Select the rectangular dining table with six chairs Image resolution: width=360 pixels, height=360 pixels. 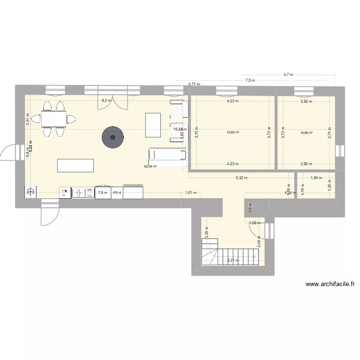tap(54, 118)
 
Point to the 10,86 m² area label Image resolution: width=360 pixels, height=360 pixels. tap(306, 133)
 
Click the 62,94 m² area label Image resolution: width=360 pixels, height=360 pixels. tap(151, 167)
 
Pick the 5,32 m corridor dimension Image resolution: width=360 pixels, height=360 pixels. tap(241, 178)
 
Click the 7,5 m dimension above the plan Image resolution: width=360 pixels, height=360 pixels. tap(250, 81)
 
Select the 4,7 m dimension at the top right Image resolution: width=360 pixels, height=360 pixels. tap(288, 74)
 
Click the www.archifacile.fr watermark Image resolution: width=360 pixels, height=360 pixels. tap(330, 284)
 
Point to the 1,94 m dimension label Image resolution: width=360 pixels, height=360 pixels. tap(316, 178)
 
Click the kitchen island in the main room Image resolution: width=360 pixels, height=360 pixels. tap(75, 165)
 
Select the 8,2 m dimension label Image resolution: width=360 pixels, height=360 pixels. tap(106, 101)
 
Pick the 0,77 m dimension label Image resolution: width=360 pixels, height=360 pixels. tap(194, 84)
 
